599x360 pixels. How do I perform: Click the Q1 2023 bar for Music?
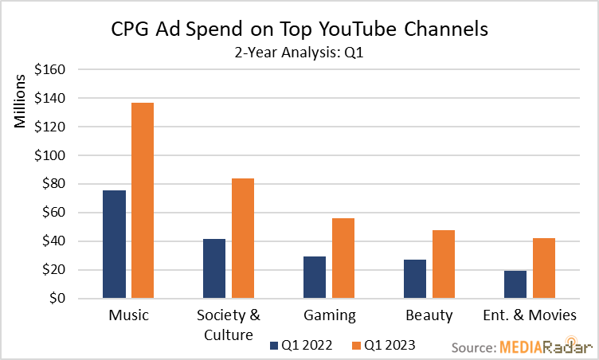143,201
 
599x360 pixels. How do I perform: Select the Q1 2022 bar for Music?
114,245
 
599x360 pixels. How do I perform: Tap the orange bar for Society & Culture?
243,238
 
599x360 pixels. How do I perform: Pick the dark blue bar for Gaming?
315,277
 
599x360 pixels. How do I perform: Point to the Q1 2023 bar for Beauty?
444,264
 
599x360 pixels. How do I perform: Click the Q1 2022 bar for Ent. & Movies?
515,284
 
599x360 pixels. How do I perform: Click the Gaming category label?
329,315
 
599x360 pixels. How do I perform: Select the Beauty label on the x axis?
429,315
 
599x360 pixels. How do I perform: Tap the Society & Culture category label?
229,324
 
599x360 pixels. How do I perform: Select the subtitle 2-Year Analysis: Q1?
299,54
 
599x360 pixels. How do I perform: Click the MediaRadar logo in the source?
546,347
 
